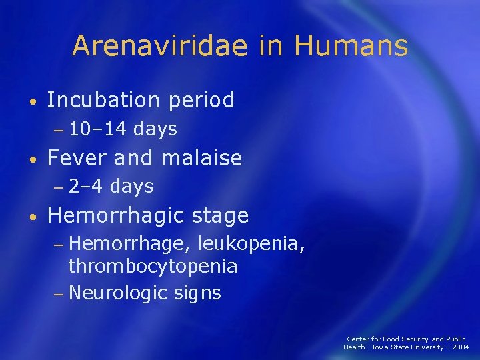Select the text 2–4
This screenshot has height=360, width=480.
pos(86,187)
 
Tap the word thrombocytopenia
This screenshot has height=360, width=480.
pos(153,267)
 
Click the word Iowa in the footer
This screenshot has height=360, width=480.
pos(381,347)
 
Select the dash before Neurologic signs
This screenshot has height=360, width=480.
pos(59,293)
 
